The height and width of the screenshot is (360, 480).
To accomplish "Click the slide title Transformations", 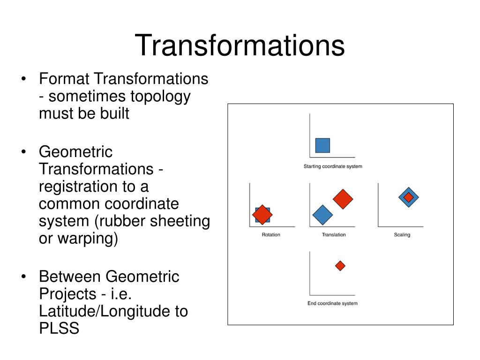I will click(x=240, y=45).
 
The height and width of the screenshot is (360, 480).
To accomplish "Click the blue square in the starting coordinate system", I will click(x=322, y=145).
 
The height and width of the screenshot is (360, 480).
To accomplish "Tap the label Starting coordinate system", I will click(x=333, y=166).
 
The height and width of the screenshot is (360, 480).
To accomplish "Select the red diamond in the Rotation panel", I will click(x=262, y=214).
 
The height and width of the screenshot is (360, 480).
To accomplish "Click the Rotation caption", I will click(x=271, y=234).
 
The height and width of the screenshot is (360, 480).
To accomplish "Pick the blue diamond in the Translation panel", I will click(x=322, y=215).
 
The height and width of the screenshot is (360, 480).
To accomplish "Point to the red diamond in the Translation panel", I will click(x=343, y=199).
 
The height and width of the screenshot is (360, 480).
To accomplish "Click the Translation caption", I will click(x=334, y=234).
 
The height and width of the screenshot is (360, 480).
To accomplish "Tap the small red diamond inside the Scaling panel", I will click(x=409, y=197).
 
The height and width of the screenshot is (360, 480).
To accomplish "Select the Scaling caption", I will click(x=402, y=234).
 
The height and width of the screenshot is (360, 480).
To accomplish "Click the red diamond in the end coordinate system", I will click(x=340, y=266).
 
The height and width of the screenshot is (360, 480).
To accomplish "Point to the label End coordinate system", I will click(x=332, y=303).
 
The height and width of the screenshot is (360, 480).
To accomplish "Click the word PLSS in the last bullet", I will click(x=59, y=328).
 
